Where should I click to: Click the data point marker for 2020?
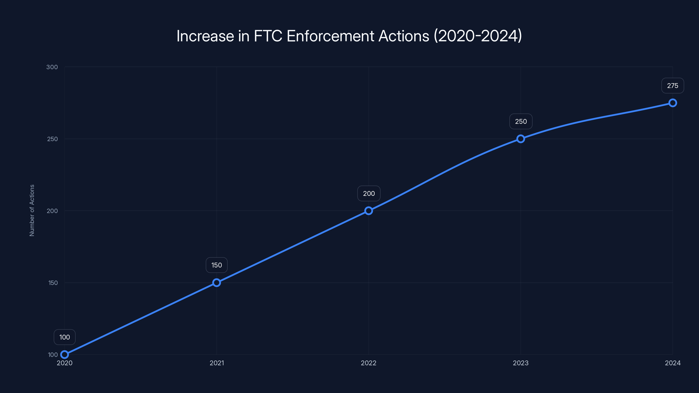coord(65,355)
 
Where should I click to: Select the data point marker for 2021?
coord(216,283)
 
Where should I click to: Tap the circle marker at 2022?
coord(369,211)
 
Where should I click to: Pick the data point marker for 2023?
coord(521,139)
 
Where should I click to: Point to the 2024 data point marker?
coord(673,103)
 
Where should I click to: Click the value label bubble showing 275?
coord(673,86)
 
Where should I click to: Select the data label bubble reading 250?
coord(521,122)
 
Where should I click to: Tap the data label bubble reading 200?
coord(369,193)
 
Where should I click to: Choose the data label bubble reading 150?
coord(216,265)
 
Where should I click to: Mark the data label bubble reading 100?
coord(65,337)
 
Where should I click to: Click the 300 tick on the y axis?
coord(52,67)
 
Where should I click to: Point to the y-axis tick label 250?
coord(52,139)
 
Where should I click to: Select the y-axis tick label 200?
coord(52,211)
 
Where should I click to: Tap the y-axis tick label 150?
coord(53,283)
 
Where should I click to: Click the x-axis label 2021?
coord(217,363)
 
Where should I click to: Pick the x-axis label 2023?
coord(521,363)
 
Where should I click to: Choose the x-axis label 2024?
coord(673,363)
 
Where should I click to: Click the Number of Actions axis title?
coord(32,210)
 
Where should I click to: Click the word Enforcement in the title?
coord(330,36)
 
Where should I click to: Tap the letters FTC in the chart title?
coord(268,36)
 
